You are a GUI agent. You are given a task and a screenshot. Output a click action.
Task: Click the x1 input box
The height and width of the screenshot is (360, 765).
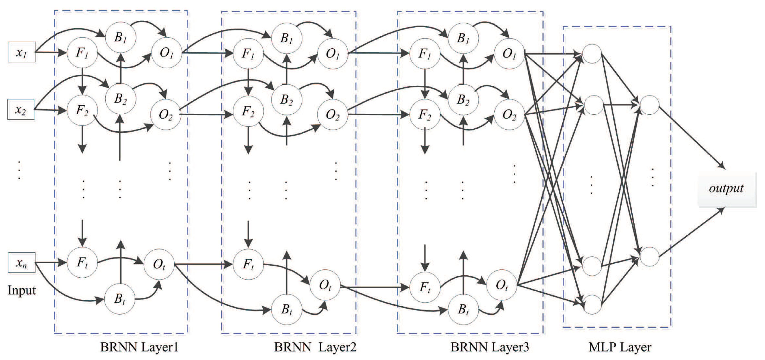(22, 52)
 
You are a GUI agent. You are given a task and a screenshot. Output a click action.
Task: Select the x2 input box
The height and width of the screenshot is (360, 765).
(21, 110)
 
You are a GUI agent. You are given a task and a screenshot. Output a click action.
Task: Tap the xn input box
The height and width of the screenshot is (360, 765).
(22, 263)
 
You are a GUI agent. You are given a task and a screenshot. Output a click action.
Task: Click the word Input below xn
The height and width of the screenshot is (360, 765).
(21, 290)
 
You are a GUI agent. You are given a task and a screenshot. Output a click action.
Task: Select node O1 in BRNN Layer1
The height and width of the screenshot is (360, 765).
(167, 53)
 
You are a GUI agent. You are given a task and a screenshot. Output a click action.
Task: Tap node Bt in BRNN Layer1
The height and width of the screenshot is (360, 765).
(120, 299)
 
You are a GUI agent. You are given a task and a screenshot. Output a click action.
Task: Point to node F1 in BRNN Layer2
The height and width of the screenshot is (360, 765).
(248, 54)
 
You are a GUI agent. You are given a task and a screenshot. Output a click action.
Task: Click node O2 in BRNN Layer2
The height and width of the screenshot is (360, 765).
(332, 115)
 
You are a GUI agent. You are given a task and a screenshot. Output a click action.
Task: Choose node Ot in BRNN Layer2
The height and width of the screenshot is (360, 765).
(325, 285)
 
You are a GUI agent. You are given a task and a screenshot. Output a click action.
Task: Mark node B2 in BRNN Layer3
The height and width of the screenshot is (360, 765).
(463, 99)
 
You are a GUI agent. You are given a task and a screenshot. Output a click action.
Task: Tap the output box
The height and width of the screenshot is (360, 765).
(726, 189)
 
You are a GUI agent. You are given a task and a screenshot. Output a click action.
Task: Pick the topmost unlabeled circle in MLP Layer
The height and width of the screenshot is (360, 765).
(592, 54)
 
